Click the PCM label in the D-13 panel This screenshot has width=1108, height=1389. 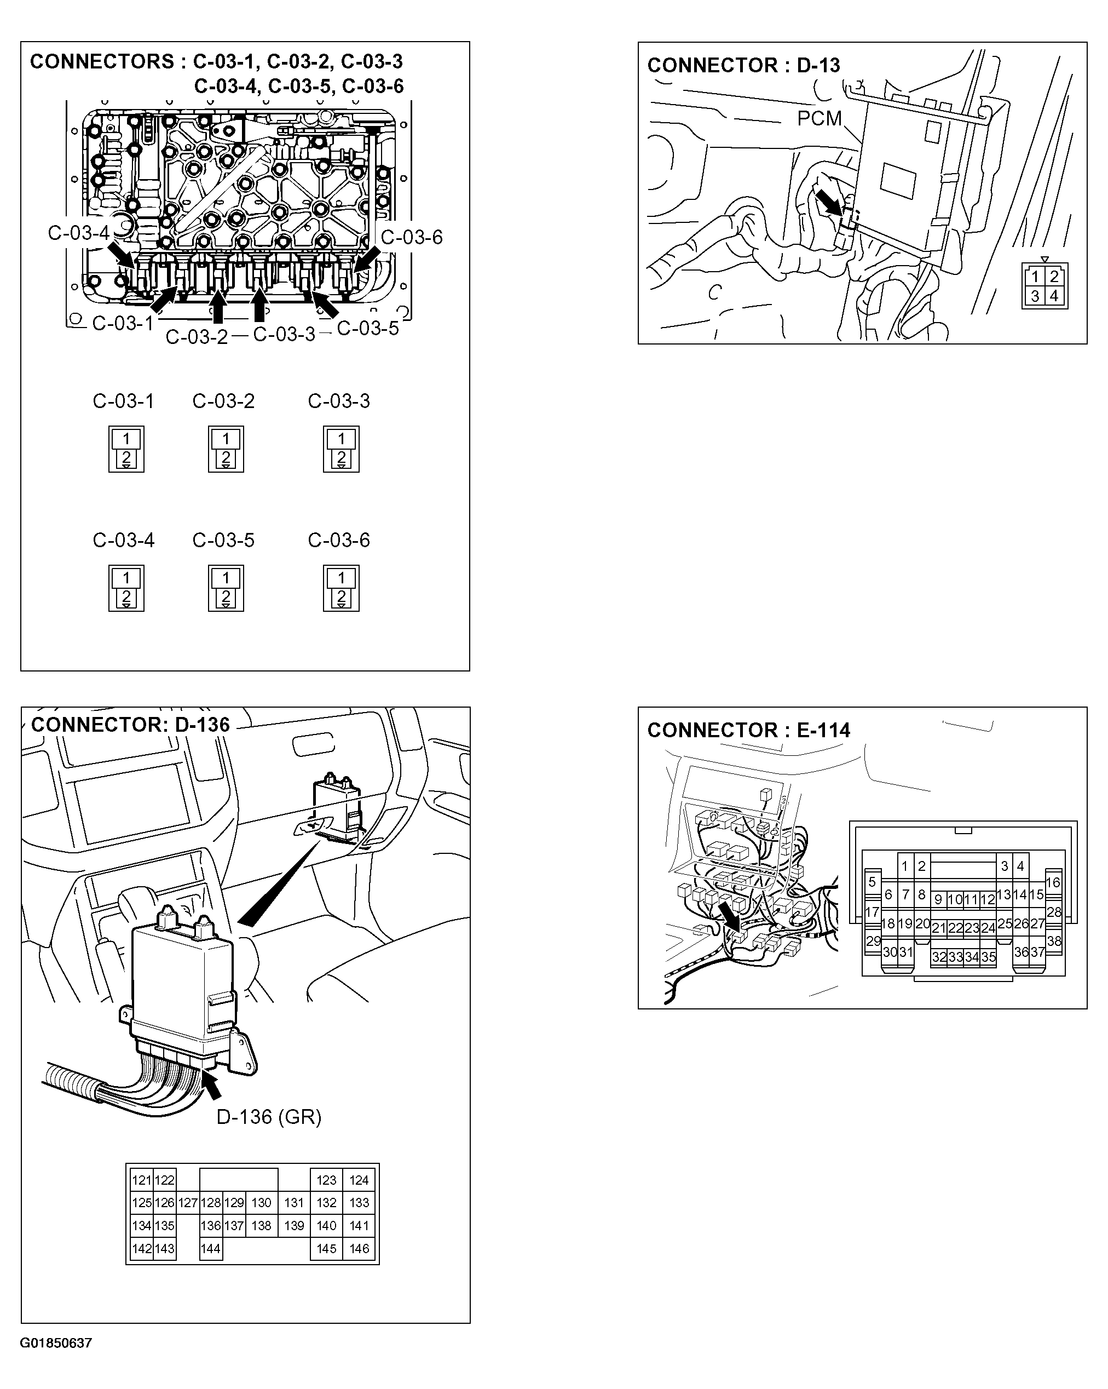(x=819, y=118)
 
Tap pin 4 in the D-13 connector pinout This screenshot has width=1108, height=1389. (x=1054, y=296)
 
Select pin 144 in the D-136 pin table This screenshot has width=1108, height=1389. (x=211, y=1249)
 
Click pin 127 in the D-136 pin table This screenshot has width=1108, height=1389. (x=187, y=1203)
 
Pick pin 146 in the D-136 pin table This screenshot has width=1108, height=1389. (x=359, y=1249)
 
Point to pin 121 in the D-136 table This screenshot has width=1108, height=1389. (x=141, y=1180)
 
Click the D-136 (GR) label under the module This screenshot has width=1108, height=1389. (x=268, y=1116)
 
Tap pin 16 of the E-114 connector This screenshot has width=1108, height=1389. (x=1053, y=882)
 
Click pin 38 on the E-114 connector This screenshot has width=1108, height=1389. (x=1054, y=940)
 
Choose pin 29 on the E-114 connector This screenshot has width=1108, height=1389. (x=873, y=940)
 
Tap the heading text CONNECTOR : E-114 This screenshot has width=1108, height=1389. (x=748, y=730)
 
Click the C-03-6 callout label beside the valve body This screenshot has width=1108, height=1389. (x=412, y=237)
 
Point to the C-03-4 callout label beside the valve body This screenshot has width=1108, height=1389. (x=78, y=233)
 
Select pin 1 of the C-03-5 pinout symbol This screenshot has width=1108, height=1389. (x=226, y=578)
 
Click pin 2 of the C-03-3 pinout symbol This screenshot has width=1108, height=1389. (x=341, y=458)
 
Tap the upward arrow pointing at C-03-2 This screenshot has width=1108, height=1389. (x=218, y=306)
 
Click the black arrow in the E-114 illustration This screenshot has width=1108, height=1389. (x=729, y=917)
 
